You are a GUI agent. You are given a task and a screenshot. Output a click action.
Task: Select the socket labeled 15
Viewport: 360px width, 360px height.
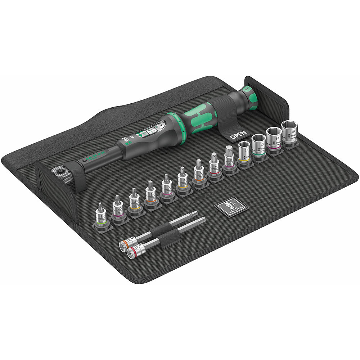point(289,134)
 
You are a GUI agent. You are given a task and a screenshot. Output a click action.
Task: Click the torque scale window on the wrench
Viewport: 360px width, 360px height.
point(153,130)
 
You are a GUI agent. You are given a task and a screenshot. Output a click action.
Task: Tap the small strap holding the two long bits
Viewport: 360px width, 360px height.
point(169,239)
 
